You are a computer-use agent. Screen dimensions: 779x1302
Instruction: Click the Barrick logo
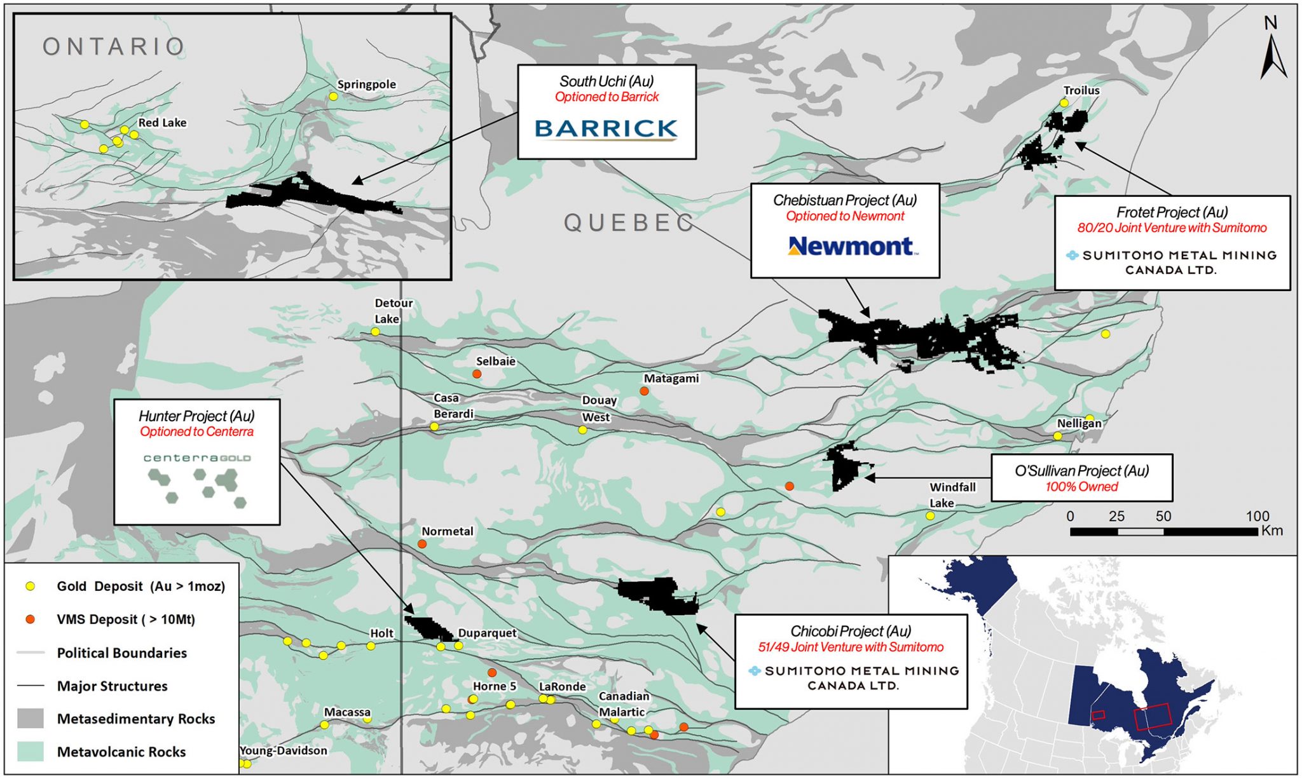[606, 128]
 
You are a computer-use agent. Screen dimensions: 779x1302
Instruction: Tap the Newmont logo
[851, 246]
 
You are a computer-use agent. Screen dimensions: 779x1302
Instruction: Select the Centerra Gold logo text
[196, 457]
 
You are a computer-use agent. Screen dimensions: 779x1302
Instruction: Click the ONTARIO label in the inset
[114, 46]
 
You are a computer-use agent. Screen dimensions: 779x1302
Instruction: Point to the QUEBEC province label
[629, 222]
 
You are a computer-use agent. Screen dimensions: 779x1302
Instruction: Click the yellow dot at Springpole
[333, 97]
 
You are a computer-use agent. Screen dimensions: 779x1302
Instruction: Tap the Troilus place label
[1081, 90]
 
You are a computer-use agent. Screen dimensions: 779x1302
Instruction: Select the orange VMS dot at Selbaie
[477, 374]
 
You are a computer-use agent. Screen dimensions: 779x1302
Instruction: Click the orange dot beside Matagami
[644, 391]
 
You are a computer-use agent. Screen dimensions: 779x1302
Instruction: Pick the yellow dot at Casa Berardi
[434, 426]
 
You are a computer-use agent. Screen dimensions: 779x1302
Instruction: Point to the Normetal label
[448, 531]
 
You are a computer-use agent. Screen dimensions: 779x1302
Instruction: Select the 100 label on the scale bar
[1257, 516]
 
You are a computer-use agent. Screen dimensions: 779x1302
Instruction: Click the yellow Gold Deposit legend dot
[30, 586]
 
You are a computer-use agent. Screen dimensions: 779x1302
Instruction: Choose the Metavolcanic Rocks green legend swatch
[30, 752]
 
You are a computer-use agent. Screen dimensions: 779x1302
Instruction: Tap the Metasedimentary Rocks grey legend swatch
[30, 719]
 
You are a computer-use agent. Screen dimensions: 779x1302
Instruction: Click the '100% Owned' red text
[1081, 487]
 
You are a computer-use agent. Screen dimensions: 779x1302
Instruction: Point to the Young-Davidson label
[284, 750]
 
